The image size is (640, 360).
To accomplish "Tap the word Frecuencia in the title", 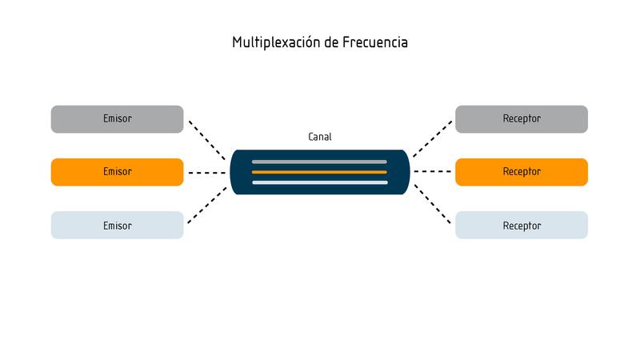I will [x=374, y=42].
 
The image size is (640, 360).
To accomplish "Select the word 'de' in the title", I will [x=334, y=42].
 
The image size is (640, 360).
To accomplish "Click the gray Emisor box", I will [x=117, y=118].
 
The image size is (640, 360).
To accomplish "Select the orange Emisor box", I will [x=117, y=172].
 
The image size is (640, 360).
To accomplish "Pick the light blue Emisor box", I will [x=117, y=226].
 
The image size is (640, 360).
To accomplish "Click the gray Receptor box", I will [x=522, y=118].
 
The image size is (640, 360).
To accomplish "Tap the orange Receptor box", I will [x=522, y=172].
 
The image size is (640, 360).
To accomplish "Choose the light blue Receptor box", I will [x=522, y=226].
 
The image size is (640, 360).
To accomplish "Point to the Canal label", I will [x=320, y=137].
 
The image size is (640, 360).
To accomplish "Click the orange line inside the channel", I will [x=319, y=172].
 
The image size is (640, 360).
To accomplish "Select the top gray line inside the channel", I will [x=319, y=162].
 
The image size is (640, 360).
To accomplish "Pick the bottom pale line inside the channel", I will [x=319, y=182].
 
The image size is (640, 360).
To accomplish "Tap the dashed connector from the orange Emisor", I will [x=207, y=172].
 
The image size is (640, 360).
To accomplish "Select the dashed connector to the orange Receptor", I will [x=433, y=172].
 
